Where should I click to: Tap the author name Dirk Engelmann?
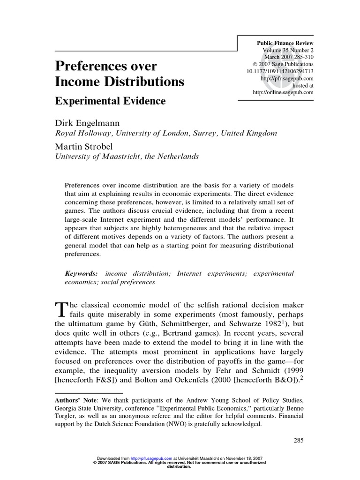pos(87,122)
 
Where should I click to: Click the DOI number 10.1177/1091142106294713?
pos(280,71)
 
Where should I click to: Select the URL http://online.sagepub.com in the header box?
pos(283,92)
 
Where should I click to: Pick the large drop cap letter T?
pos(61,309)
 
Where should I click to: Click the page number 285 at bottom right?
pos(298,440)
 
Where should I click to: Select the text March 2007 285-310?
pos(288,57)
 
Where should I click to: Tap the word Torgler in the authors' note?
pos(67,416)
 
